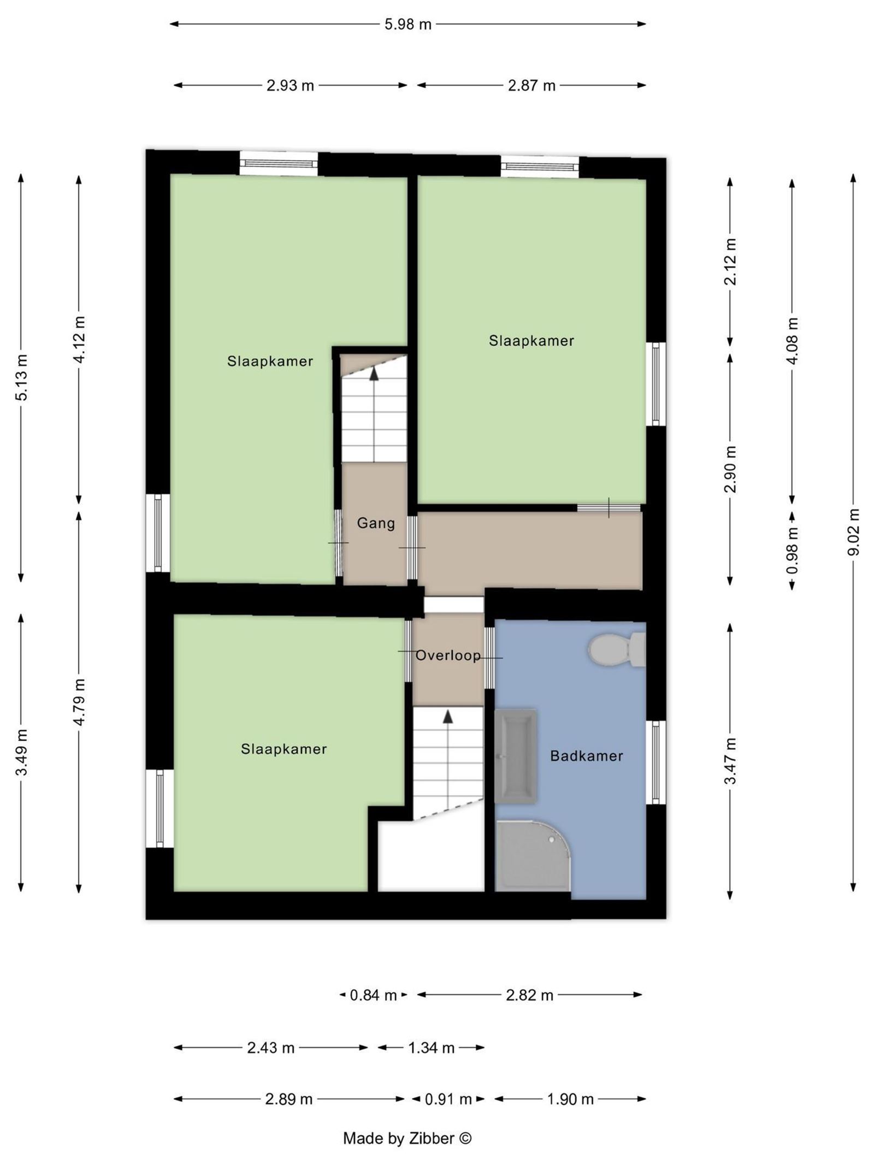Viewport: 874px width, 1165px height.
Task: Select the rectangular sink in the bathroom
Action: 515,756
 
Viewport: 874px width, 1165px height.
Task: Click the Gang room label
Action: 375,523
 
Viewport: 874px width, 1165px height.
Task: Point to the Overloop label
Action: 448,655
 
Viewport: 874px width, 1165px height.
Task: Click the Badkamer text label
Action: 586,756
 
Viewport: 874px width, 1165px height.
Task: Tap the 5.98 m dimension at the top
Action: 408,25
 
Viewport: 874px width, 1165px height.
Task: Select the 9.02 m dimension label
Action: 853,531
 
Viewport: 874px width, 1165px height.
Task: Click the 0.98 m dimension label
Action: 792,550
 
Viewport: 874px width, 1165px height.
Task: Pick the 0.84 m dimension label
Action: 373,995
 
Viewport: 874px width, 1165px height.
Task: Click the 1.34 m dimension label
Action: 431,1048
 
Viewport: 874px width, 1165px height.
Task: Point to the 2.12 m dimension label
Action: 730,262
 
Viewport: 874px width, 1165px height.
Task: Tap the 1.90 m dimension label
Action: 570,1099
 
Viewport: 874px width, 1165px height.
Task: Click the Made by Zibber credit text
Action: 407,1138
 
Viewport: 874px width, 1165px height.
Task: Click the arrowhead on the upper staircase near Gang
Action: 374,373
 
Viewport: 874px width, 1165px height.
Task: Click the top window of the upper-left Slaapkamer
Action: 279,163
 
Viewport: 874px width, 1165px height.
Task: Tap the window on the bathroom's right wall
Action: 656,762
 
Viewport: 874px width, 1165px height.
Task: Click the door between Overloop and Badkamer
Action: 489,658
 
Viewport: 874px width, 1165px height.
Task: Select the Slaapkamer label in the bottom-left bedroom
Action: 284,749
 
